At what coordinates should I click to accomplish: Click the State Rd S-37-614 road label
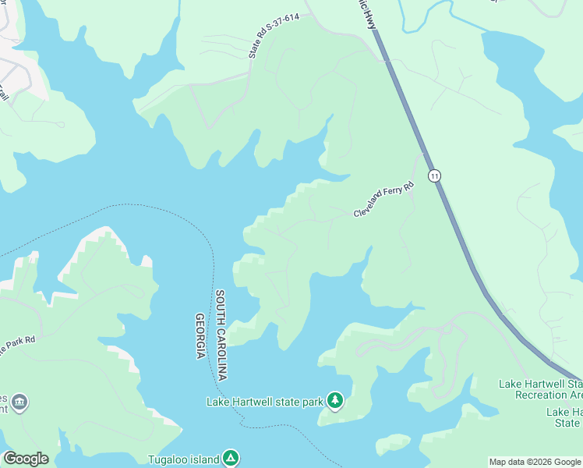tap(274, 36)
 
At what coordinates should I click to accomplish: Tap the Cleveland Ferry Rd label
tap(383, 200)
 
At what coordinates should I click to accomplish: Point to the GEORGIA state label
tap(200, 335)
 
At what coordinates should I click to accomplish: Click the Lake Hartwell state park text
tap(264, 402)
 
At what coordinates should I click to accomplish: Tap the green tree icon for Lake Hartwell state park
tap(335, 401)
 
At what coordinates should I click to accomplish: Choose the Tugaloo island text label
tap(184, 459)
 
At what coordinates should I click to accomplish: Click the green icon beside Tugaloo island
tap(230, 459)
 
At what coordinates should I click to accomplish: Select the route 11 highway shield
tap(435, 176)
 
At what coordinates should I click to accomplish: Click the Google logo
tap(26, 459)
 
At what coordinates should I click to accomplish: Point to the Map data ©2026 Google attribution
tap(535, 462)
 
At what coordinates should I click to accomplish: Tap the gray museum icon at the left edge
tap(20, 402)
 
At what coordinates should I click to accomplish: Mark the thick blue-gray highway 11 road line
tap(460, 234)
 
